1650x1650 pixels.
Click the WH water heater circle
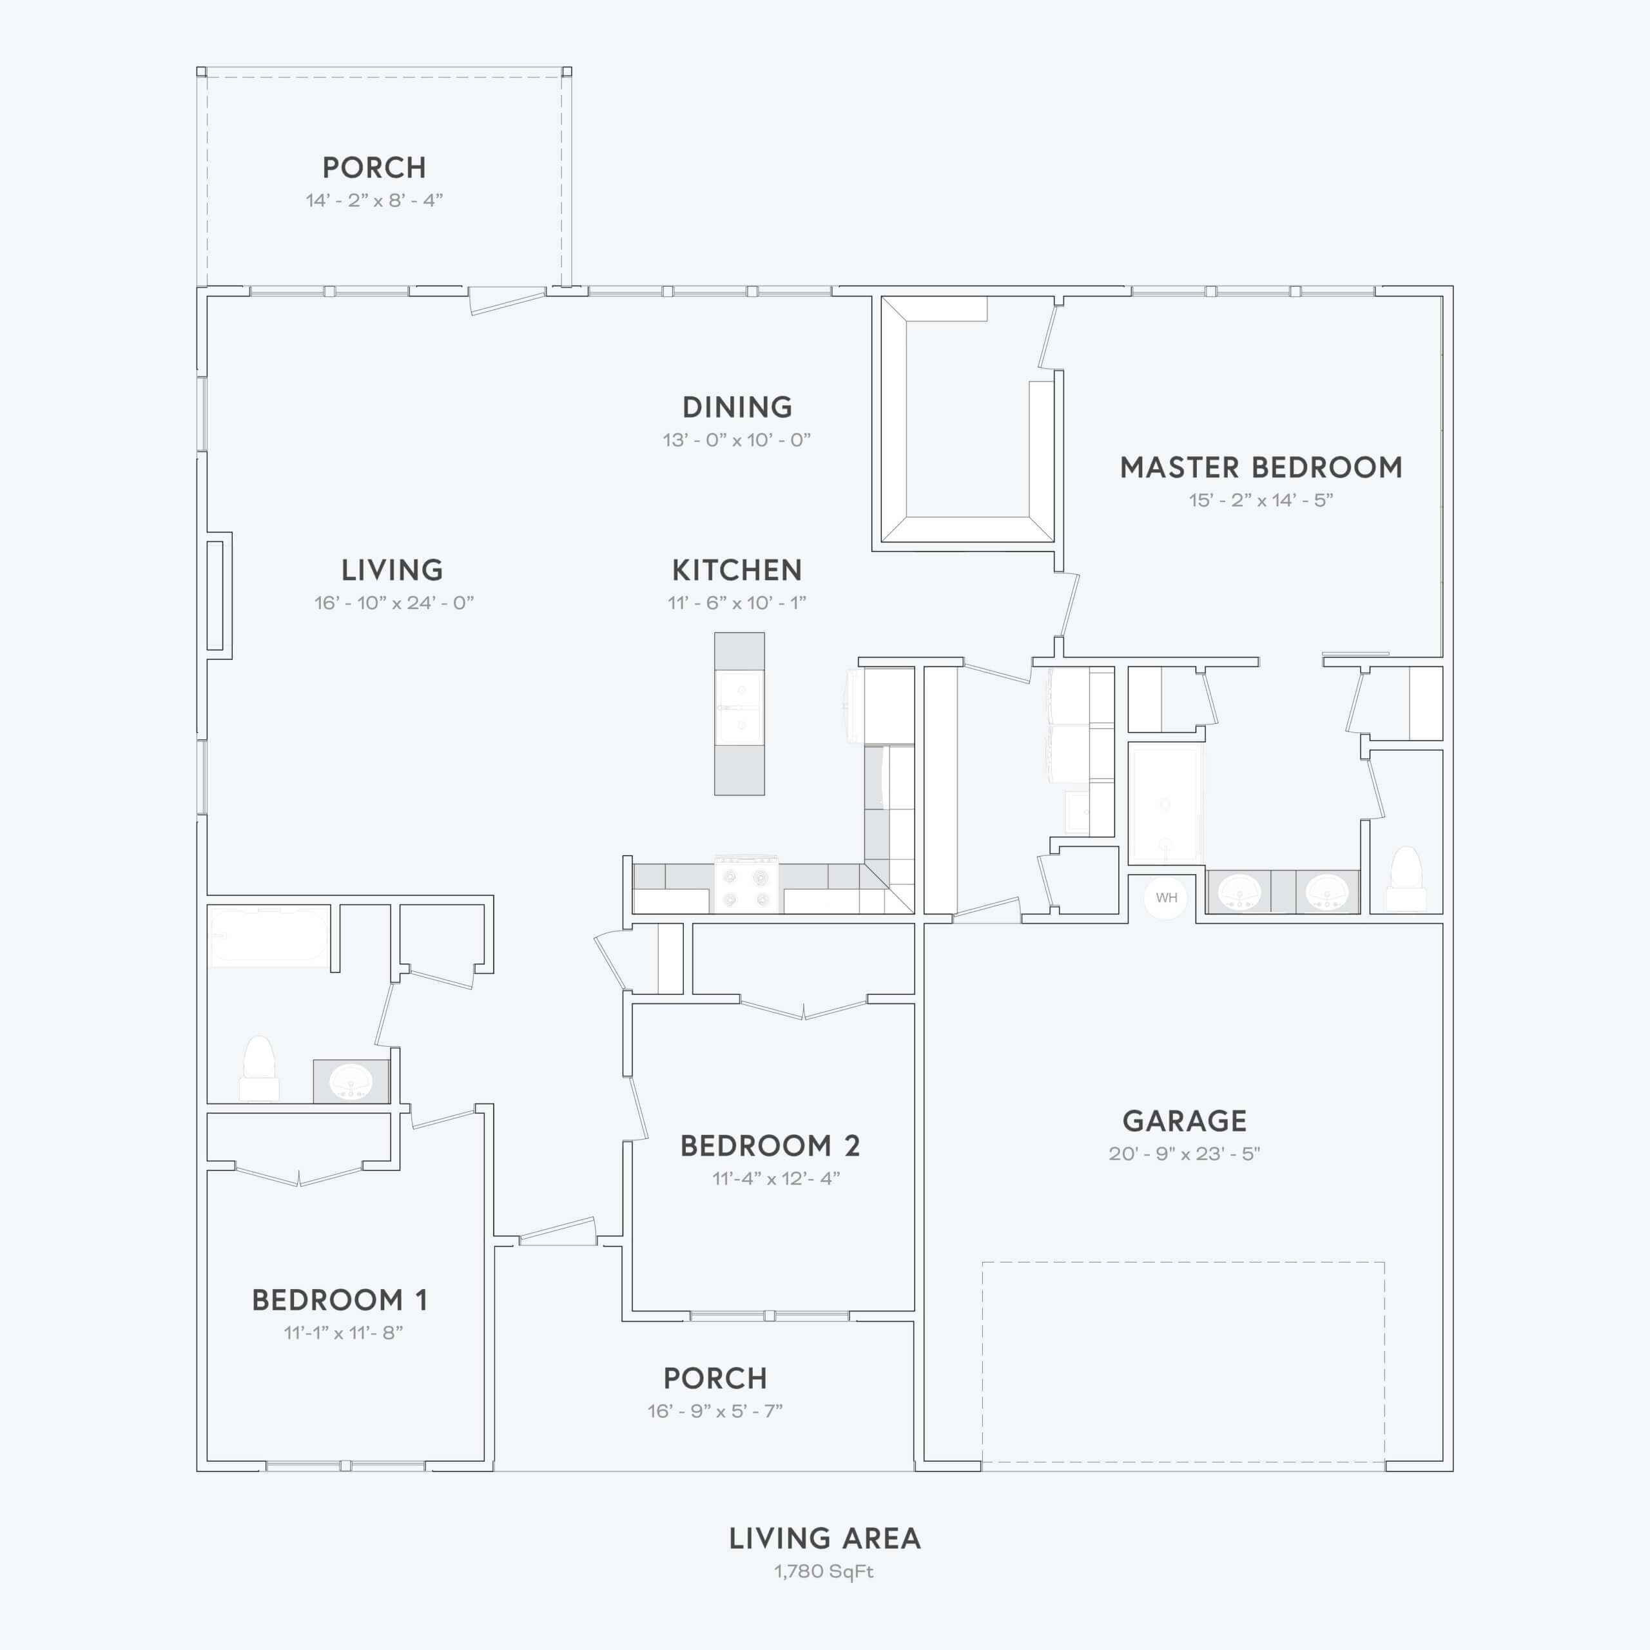[1166, 898]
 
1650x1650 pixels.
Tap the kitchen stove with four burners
[746, 885]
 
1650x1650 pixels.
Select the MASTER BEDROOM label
[1261, 467]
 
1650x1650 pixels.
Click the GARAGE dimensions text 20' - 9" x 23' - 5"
[1184, 1153]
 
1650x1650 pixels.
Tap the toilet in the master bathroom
[1406, 880]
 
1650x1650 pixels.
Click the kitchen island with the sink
[739, 714]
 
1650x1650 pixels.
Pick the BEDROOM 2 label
[770, 1145]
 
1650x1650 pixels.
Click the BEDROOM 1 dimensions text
[344, 1332]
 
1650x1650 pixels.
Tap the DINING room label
[737, 407]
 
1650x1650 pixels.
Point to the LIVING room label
[392, 570]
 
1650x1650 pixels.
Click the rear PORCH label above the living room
[374, 168]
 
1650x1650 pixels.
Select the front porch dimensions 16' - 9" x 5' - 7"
[715, 1410]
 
